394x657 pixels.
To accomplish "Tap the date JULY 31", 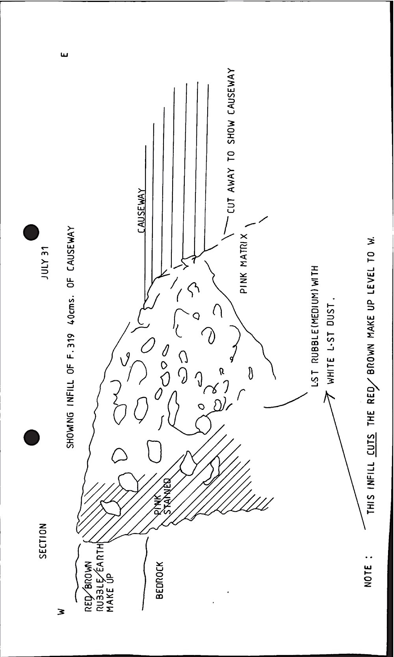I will [46, 263].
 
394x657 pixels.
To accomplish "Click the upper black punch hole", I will [31, 233].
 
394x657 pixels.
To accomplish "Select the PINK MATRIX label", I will [244, 263].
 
